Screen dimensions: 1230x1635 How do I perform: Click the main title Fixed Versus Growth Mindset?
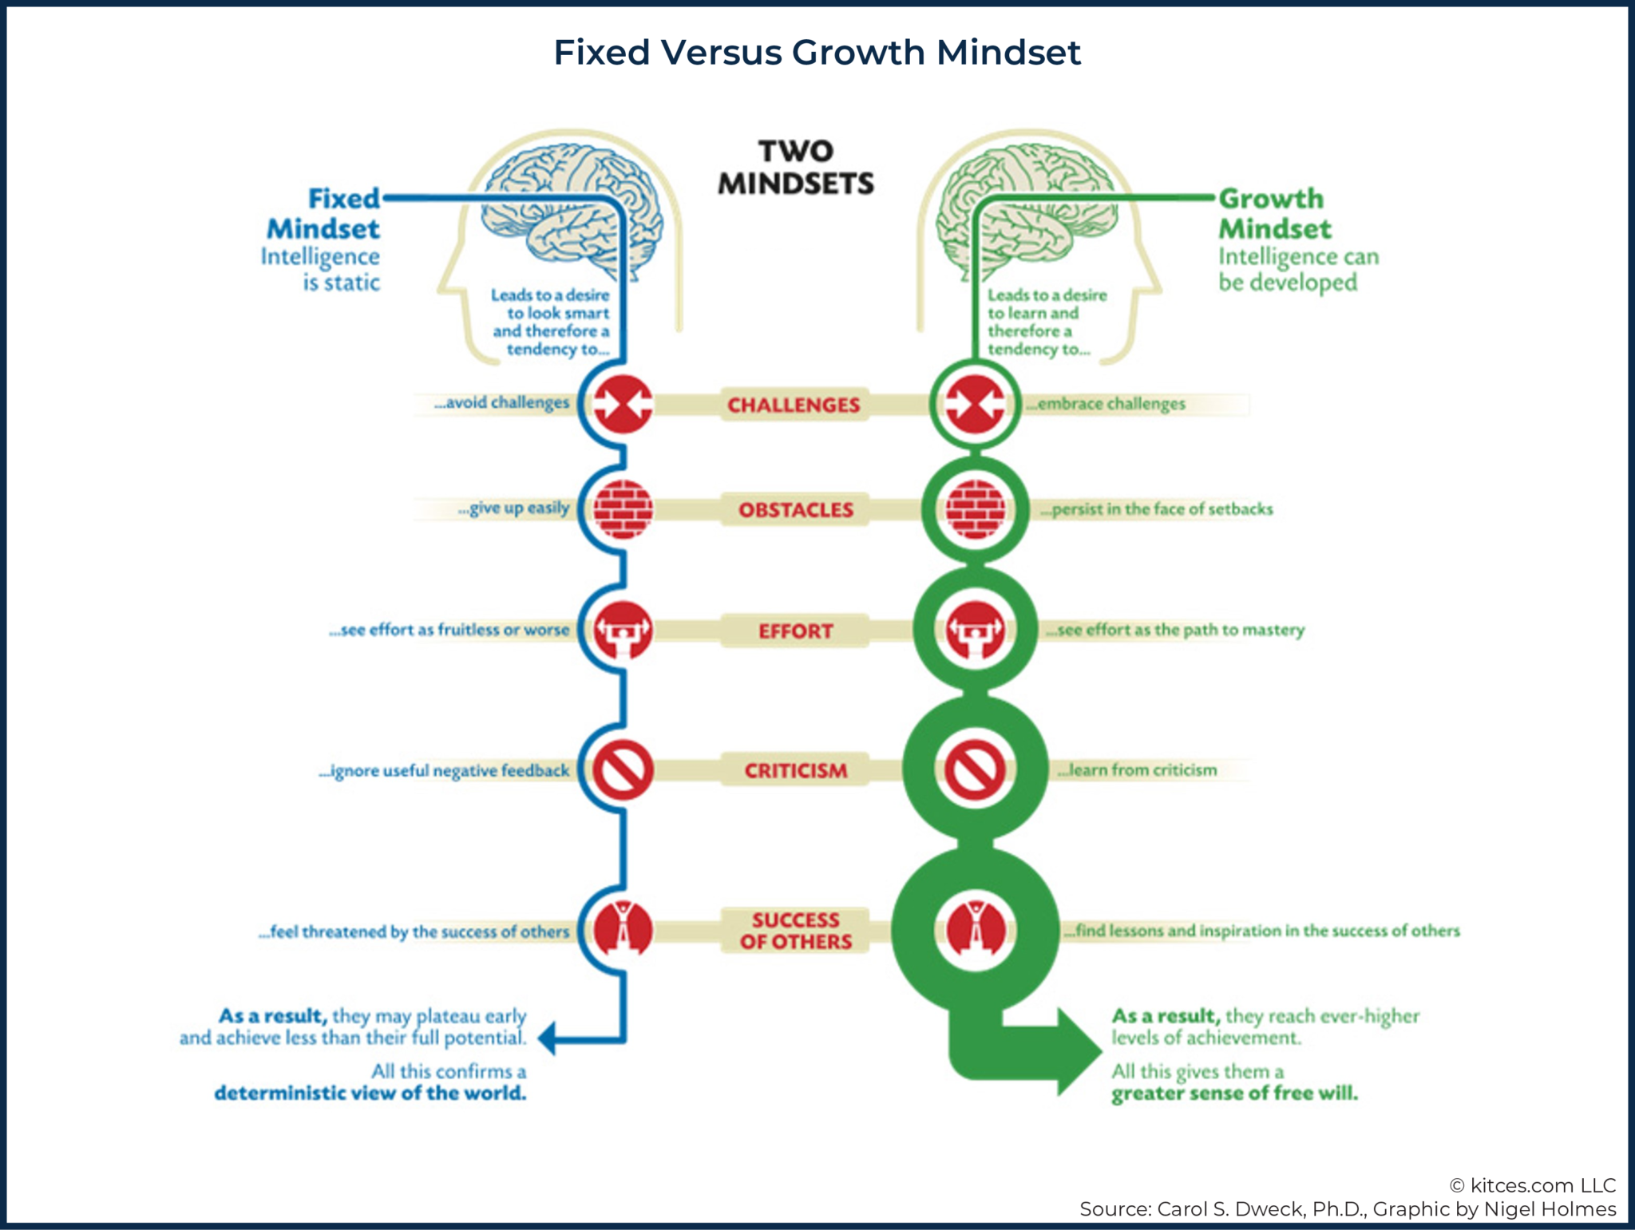click(x=817, y=53)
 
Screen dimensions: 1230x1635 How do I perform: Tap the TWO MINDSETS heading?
click(x=796, y=168)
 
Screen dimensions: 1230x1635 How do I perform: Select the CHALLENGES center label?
click(x=794, y=405)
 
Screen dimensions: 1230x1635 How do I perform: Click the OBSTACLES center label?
click(x=796, y=510)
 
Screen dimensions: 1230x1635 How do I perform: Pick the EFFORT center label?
click(x=796, y=631)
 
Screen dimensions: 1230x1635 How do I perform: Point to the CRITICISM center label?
click(x=796, y=770)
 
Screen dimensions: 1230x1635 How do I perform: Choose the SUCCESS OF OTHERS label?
click(x=796, y=931)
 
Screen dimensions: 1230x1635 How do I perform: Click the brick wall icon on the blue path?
click(x=624, y=509)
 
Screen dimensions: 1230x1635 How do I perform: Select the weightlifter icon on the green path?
click(x=975, y=630)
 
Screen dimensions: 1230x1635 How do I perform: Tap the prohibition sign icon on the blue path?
click(x=624, y=770)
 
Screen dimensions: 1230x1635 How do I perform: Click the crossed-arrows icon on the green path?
click(x=975, y=404)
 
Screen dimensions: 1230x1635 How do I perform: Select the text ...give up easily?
click(x=514, y=508)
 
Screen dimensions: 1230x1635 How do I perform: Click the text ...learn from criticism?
click(x=1138, y=770)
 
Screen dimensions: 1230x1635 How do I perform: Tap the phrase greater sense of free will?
click(x=1234, y=1093)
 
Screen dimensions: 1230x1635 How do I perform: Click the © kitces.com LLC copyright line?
click(x=1533, y=1185)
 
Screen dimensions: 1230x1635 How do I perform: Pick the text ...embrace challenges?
click(x=1106, y=404)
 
